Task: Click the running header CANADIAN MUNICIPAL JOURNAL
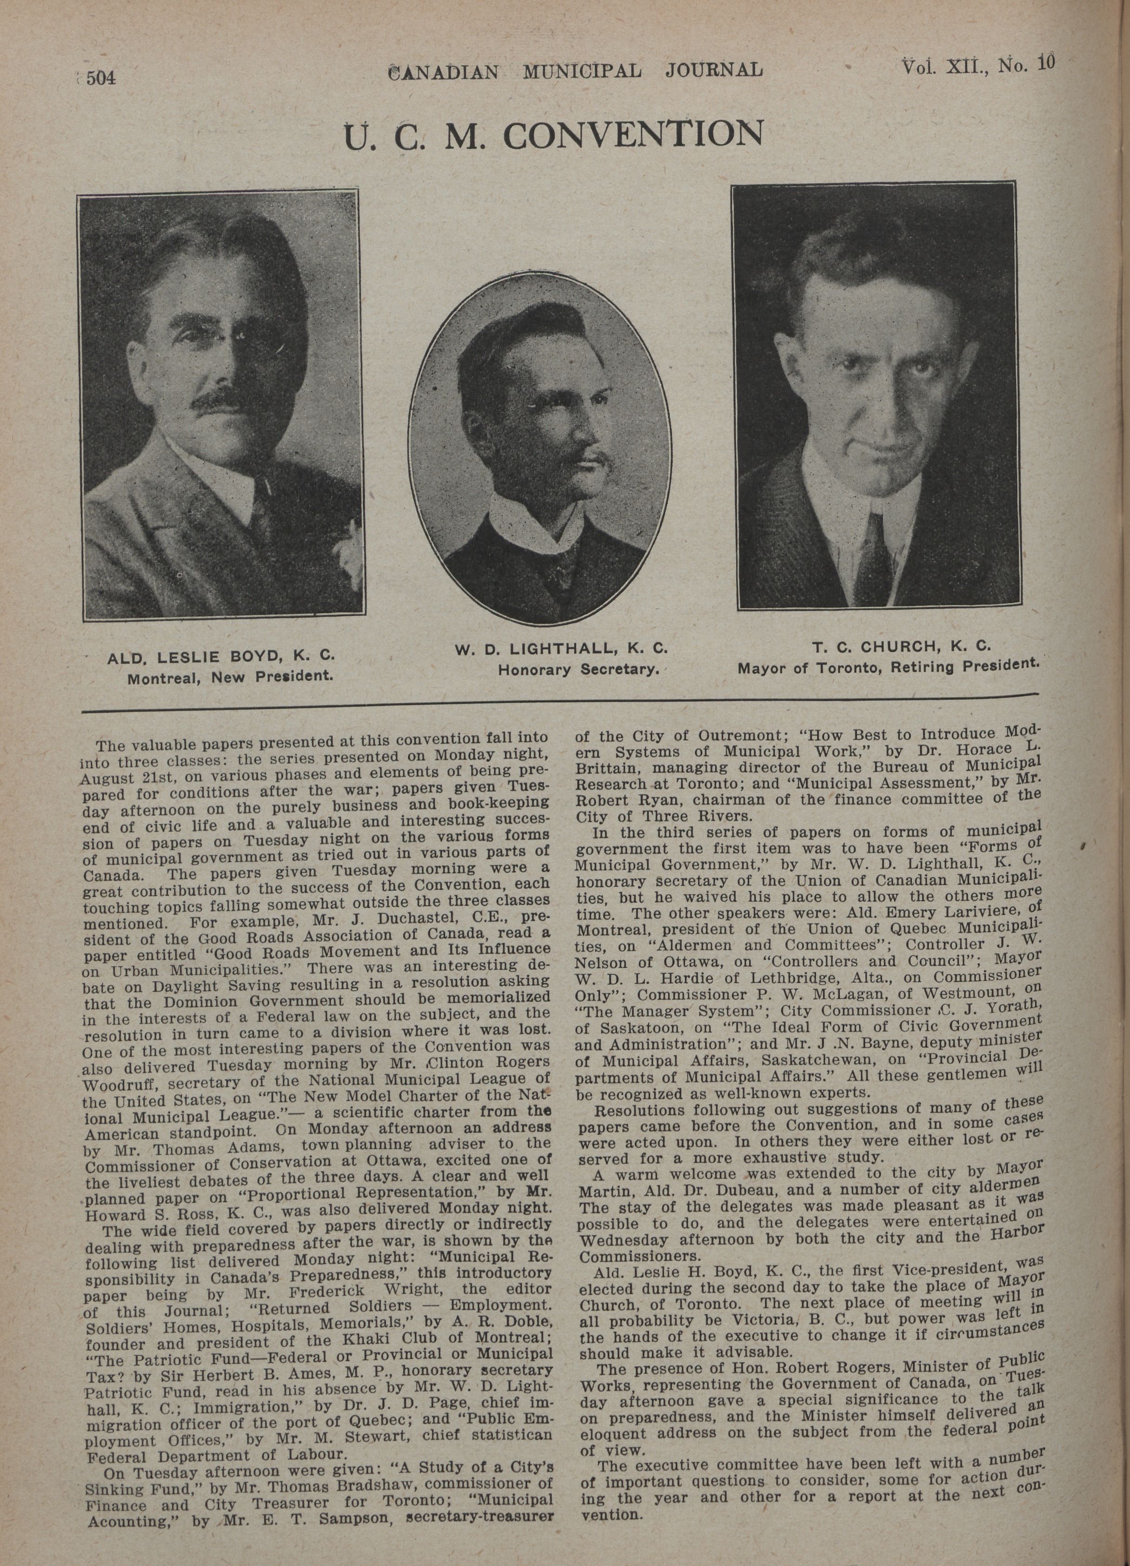click(x=576, y=70)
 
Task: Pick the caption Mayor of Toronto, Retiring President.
click(x=888, y=667)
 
